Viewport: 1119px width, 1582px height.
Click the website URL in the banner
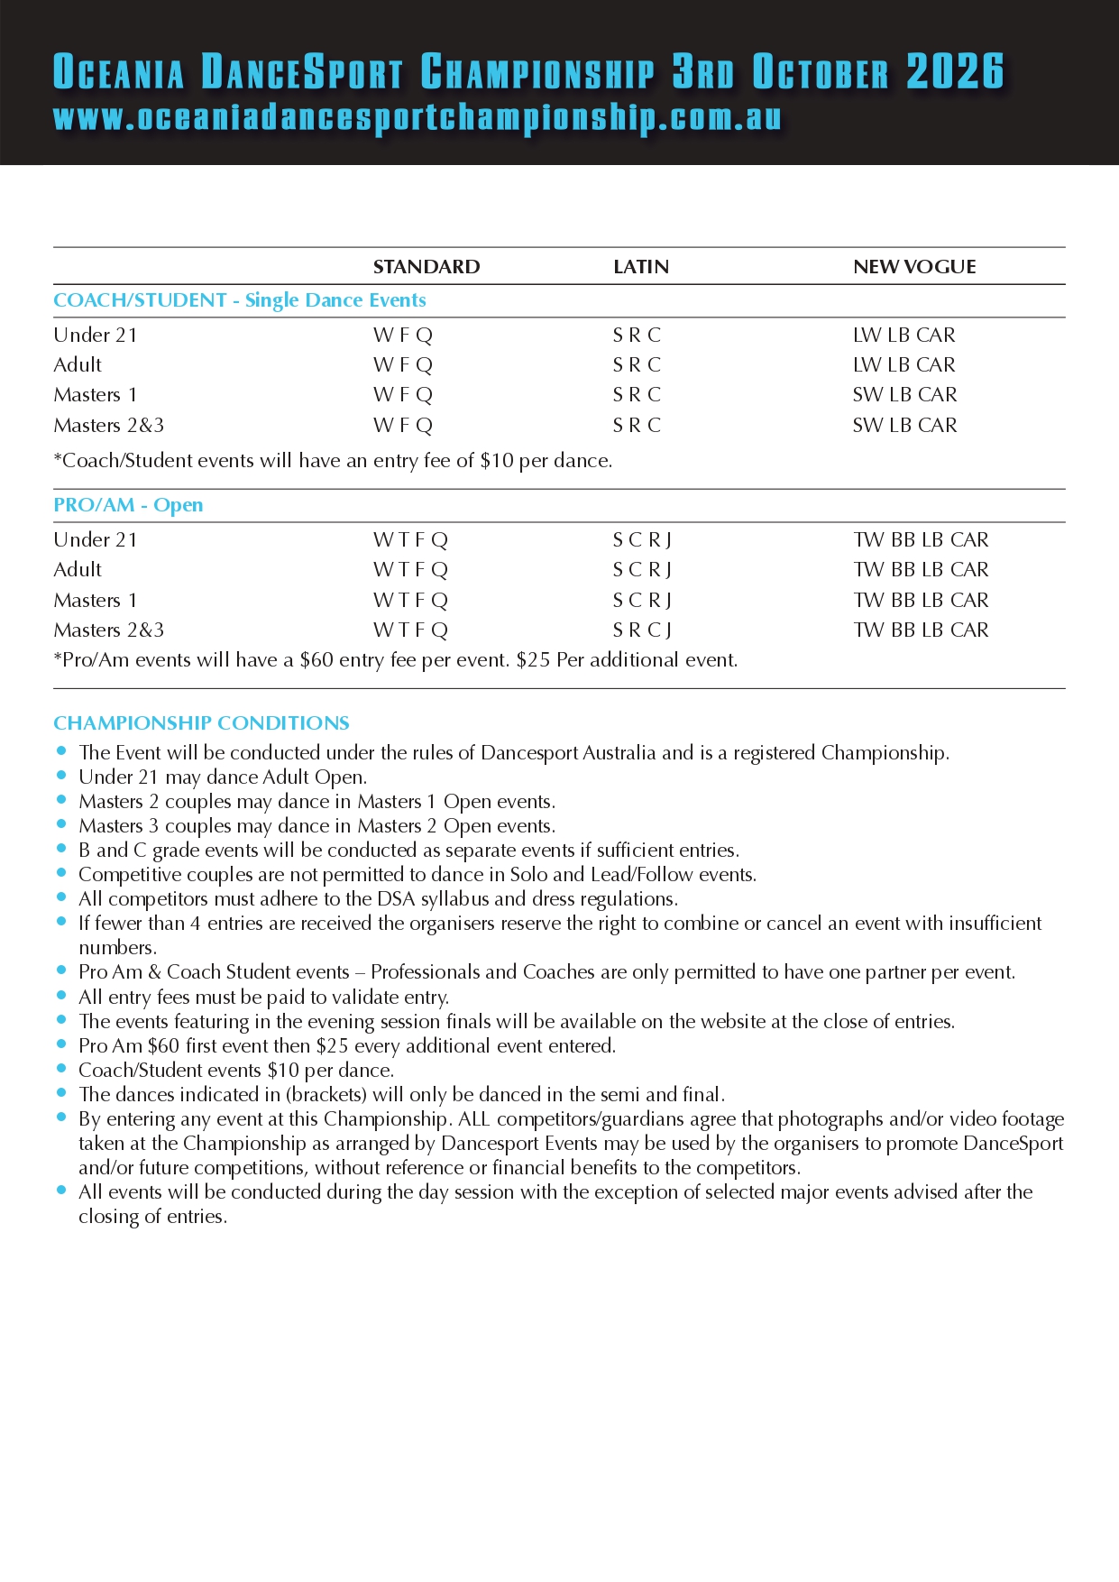(x=417, y=118)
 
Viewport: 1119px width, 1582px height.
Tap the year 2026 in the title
(x=955, y=72)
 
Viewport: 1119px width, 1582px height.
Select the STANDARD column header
(x=427, y=267)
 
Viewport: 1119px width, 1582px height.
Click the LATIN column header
(x=641, y=267)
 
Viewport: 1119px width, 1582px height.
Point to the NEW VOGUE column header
(x=914, y=267)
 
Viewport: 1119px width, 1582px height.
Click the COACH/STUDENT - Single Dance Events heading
(x=240, y=300)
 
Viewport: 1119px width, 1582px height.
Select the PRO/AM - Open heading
(x=128, y=505)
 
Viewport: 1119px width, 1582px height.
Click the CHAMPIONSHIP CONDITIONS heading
(x=201, y=723)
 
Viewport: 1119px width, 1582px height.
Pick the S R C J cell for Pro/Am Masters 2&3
(x=642, y=630)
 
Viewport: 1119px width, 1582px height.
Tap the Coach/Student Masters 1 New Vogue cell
(x=904, y=395)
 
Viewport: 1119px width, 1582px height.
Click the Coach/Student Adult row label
(x=78, y=365)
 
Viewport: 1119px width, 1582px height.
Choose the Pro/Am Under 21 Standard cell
(x=410, y=540)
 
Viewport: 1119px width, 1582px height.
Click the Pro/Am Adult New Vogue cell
(x=921, y=570)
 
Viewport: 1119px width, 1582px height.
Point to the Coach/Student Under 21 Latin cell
(x=637, y=336)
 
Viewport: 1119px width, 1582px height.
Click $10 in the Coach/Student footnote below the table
(x=496, y=461)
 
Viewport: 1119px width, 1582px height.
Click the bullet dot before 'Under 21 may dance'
(x=61, y=776)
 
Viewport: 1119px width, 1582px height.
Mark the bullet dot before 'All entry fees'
(x=61, y=996)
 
